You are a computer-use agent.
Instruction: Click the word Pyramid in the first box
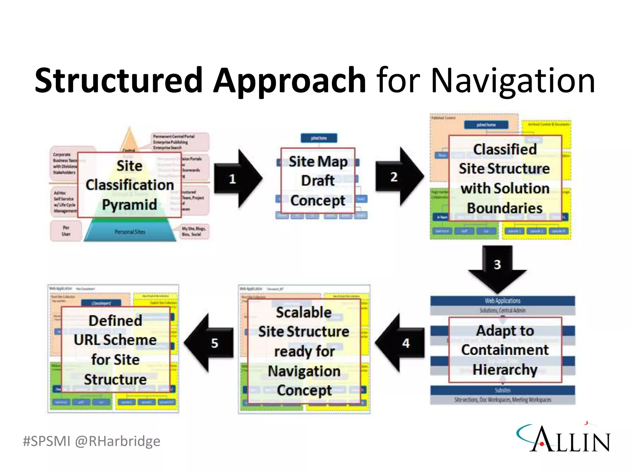point(129,205)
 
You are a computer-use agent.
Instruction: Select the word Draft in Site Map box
point(318,180)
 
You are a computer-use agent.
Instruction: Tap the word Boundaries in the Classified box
point(505,208)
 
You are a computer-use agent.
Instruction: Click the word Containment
point(505,350)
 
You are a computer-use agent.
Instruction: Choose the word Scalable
point(304,312)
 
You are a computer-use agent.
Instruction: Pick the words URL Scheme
point(115,340)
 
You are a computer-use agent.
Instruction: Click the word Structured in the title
point(118,81)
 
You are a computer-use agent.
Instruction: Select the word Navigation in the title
point(513,81)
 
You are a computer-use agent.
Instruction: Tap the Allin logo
point(564,438)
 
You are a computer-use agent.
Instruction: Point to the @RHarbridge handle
point(118,441)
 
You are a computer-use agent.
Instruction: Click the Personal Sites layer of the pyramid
point(130,232)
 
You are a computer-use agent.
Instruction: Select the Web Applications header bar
point(503,301)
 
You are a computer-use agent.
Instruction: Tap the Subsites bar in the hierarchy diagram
point(503,390)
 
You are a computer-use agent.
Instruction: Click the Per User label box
point(66,231)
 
